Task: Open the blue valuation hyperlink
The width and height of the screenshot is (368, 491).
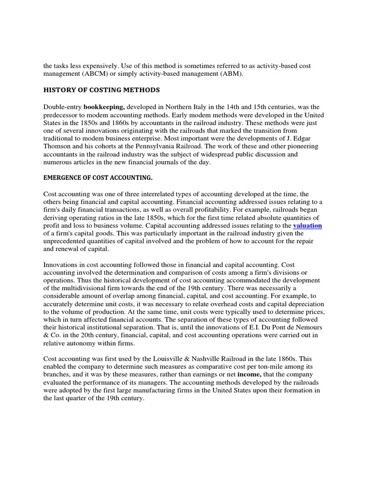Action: tap(308, 225)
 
